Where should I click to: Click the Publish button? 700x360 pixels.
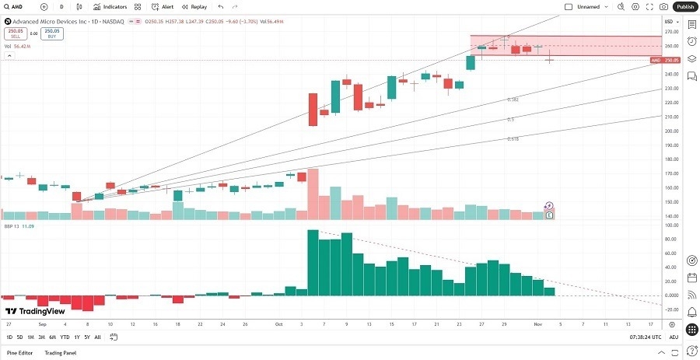(684, 6)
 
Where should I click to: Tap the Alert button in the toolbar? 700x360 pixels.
(162, 6)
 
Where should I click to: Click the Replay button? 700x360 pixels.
(194, 6)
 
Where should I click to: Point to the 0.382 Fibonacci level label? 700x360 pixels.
(513, 100)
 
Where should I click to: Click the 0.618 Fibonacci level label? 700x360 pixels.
(513, 138)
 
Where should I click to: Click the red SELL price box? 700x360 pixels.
(15, 33)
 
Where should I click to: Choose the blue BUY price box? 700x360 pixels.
(52, 33)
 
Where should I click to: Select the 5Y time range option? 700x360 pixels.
(86, 337)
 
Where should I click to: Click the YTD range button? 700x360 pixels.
(64, 337)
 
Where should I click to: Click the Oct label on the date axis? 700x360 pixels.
(278, 323)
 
